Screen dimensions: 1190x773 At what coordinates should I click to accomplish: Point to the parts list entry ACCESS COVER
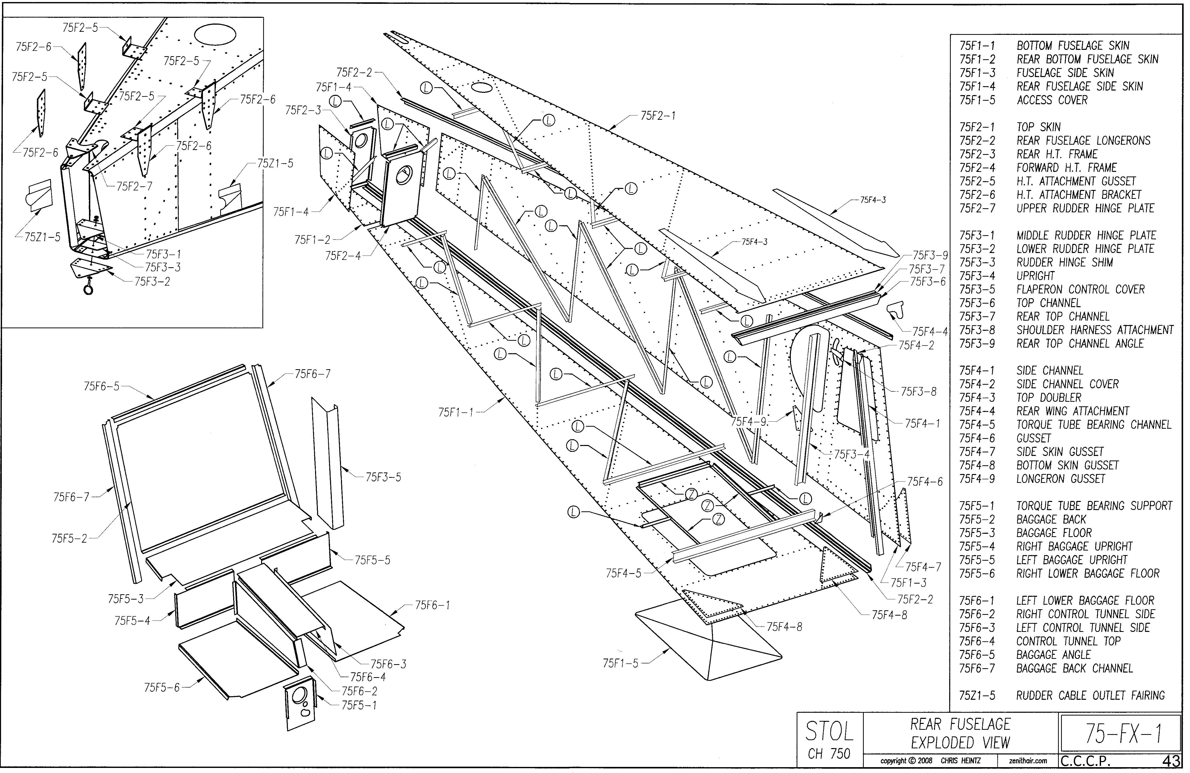1052,100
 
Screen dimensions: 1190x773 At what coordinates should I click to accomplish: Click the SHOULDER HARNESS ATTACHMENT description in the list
1094,330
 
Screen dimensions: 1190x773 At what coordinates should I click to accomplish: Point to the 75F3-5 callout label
383,477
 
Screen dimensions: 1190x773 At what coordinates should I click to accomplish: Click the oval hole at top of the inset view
215,34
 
